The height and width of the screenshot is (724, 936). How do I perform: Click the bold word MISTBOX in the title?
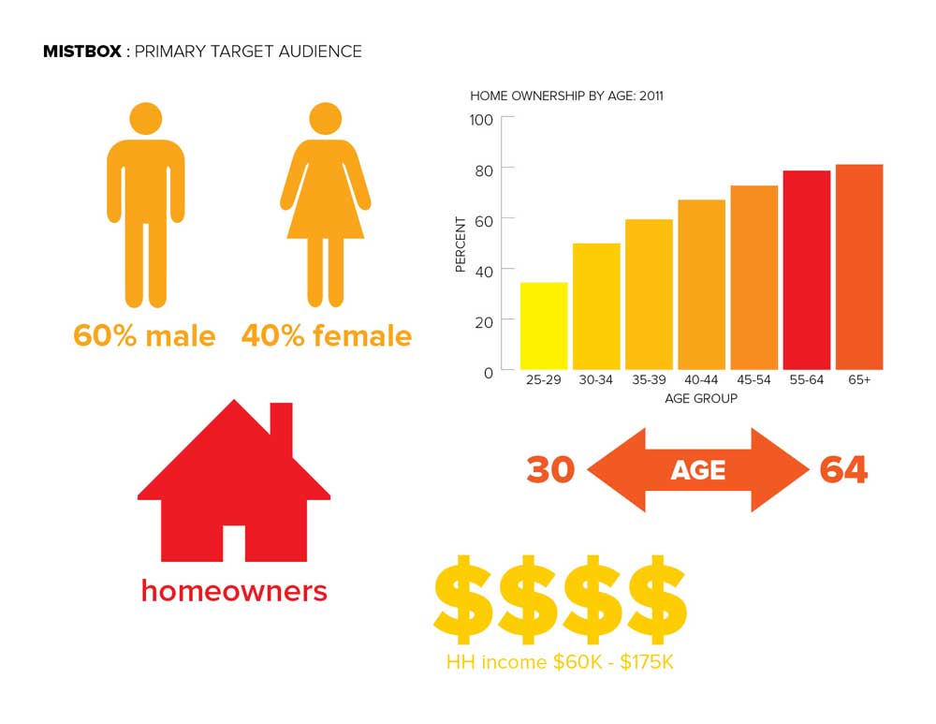(x=82, y=52)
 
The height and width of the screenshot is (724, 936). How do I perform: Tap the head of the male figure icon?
(x=146, y=118)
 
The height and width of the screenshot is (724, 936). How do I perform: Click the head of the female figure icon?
(x=326, y=118)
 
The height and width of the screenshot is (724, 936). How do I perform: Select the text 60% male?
(x=144, y=335)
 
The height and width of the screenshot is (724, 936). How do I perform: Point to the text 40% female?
(x=327, y=335)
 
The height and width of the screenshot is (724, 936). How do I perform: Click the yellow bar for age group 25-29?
(x=544, y=326)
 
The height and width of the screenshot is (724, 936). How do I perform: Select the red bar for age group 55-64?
(x=807, y=270)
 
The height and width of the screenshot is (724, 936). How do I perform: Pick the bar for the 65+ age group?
(x=859, y=267)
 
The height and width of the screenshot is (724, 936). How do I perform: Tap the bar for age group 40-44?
(x=701, y=285)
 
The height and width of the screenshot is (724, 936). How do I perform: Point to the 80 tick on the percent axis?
(x=484, y=170)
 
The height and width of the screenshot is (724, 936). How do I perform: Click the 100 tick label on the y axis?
(x=481, y=120)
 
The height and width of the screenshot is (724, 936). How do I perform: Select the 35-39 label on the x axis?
(x=649, y=380)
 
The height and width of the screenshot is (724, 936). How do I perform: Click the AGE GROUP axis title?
(x=701, y=398)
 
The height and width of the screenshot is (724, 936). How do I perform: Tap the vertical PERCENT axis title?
(x=461, y=244)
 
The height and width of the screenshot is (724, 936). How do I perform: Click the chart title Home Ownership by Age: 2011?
(x=566, y=96)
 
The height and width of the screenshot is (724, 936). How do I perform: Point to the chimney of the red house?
(x=282, y=427)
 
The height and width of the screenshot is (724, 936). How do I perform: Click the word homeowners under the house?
(x=234, y=591)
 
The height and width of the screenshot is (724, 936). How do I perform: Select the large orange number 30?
(x=550, y=469)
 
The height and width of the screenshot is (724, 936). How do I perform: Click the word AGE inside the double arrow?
(x=698, y=471)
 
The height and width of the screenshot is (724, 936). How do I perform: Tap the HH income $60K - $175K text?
(x=560, y=662)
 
